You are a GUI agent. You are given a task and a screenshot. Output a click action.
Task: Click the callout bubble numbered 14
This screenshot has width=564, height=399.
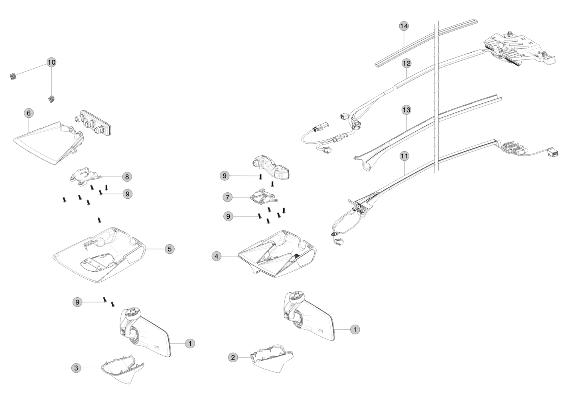(x=404, y=26)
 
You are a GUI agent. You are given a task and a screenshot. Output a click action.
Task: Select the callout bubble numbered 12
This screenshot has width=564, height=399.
(x=406, y=63)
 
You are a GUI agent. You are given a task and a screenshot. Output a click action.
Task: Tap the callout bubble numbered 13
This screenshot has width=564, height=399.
(x=406, y=109)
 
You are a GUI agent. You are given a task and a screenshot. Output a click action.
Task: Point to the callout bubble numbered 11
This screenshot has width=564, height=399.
(x=404, y=156)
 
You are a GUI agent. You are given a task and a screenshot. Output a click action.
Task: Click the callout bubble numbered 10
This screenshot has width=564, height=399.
(x=52, y=62)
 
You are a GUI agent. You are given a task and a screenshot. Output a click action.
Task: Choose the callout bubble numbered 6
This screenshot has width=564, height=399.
(x=29, y=113)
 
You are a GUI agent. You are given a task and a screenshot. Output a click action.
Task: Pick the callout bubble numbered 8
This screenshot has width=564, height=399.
(x=127, y=176)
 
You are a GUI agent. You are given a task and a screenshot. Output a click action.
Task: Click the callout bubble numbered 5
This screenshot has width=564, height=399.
(x=169, y=249)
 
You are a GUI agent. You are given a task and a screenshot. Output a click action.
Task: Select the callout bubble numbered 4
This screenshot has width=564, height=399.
(x=217, y=256)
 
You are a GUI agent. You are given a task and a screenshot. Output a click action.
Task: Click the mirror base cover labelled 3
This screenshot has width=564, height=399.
(x=122, y=369)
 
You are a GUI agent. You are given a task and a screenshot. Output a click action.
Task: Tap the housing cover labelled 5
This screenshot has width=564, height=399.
(x=100, y=255)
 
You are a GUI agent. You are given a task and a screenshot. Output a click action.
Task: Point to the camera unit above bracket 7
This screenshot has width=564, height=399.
(x=272, y=166)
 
